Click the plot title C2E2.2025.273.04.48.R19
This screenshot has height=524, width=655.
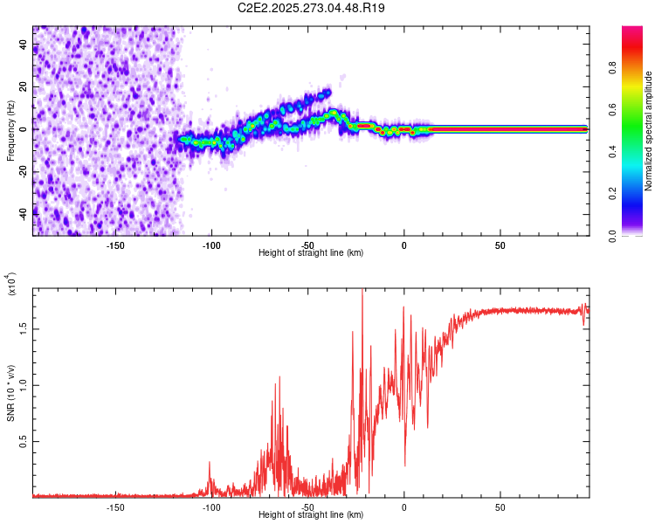pos(312,8)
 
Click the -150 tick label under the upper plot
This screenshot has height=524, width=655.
pos(115,245)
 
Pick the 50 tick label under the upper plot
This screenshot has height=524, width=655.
pos(500,245)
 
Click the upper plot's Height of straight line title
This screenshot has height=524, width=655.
pos(311,253)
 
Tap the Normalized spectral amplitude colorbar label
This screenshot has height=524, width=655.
pos(649,131)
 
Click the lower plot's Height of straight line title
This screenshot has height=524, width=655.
pos(311,515)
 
